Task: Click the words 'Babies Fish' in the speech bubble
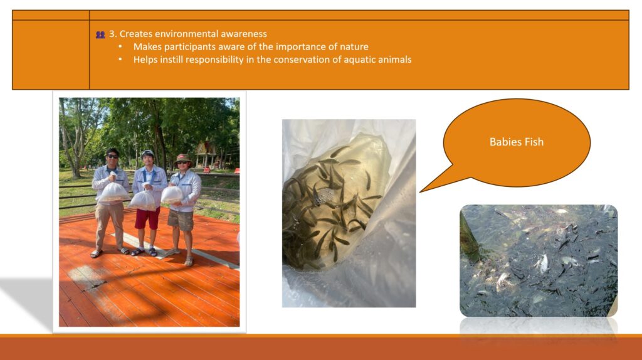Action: [x=517, y=142]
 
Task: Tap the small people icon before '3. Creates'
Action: [x=100, y=35]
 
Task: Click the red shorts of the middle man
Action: [x=147, y=219]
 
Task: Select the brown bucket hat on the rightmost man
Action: [x=182, y=158]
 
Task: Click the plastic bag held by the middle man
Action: [x=143, y=201]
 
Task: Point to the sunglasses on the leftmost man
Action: [x=112, y=156]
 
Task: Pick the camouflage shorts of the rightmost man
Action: [x=181, y=220]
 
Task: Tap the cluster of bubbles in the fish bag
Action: [x=324, y=196]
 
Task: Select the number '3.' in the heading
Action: [x=113, y=34]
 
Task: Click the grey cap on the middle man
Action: [x=147, y=154]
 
